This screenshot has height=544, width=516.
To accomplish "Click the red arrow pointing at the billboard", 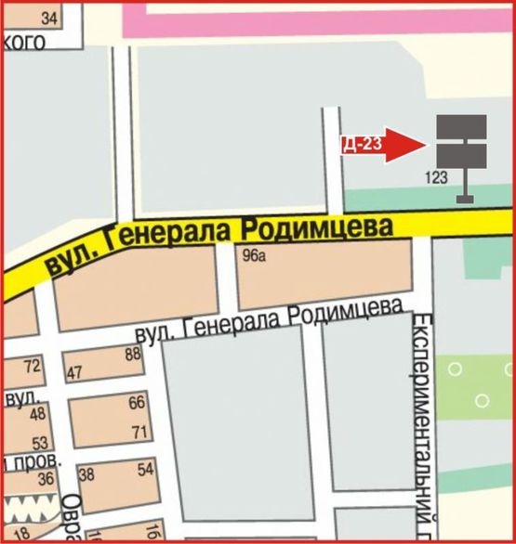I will click(x=402, y=145).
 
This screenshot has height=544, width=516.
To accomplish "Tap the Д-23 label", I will click(x=362, y=145).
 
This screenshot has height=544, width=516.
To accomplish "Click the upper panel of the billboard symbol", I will click(x=461, y=126).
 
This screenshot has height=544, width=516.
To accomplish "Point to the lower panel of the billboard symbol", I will click(x=461, y=157).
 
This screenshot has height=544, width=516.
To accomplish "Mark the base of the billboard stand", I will click(x=465, y=199).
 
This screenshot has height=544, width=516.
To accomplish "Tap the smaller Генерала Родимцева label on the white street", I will click(x=271, y=321).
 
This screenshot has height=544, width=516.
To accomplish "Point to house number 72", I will click(x=32, y=366).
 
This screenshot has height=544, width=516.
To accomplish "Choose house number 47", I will click(x=75, y=373).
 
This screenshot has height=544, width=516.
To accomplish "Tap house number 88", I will click(x=132, y=353).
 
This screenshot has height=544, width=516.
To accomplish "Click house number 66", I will click(x=137, y=402).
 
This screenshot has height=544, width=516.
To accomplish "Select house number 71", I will click(x=139, y=432).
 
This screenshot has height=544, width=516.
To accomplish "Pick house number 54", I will click(x=145, y=470).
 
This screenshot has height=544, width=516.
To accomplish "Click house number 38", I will click(x=88, y=474).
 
